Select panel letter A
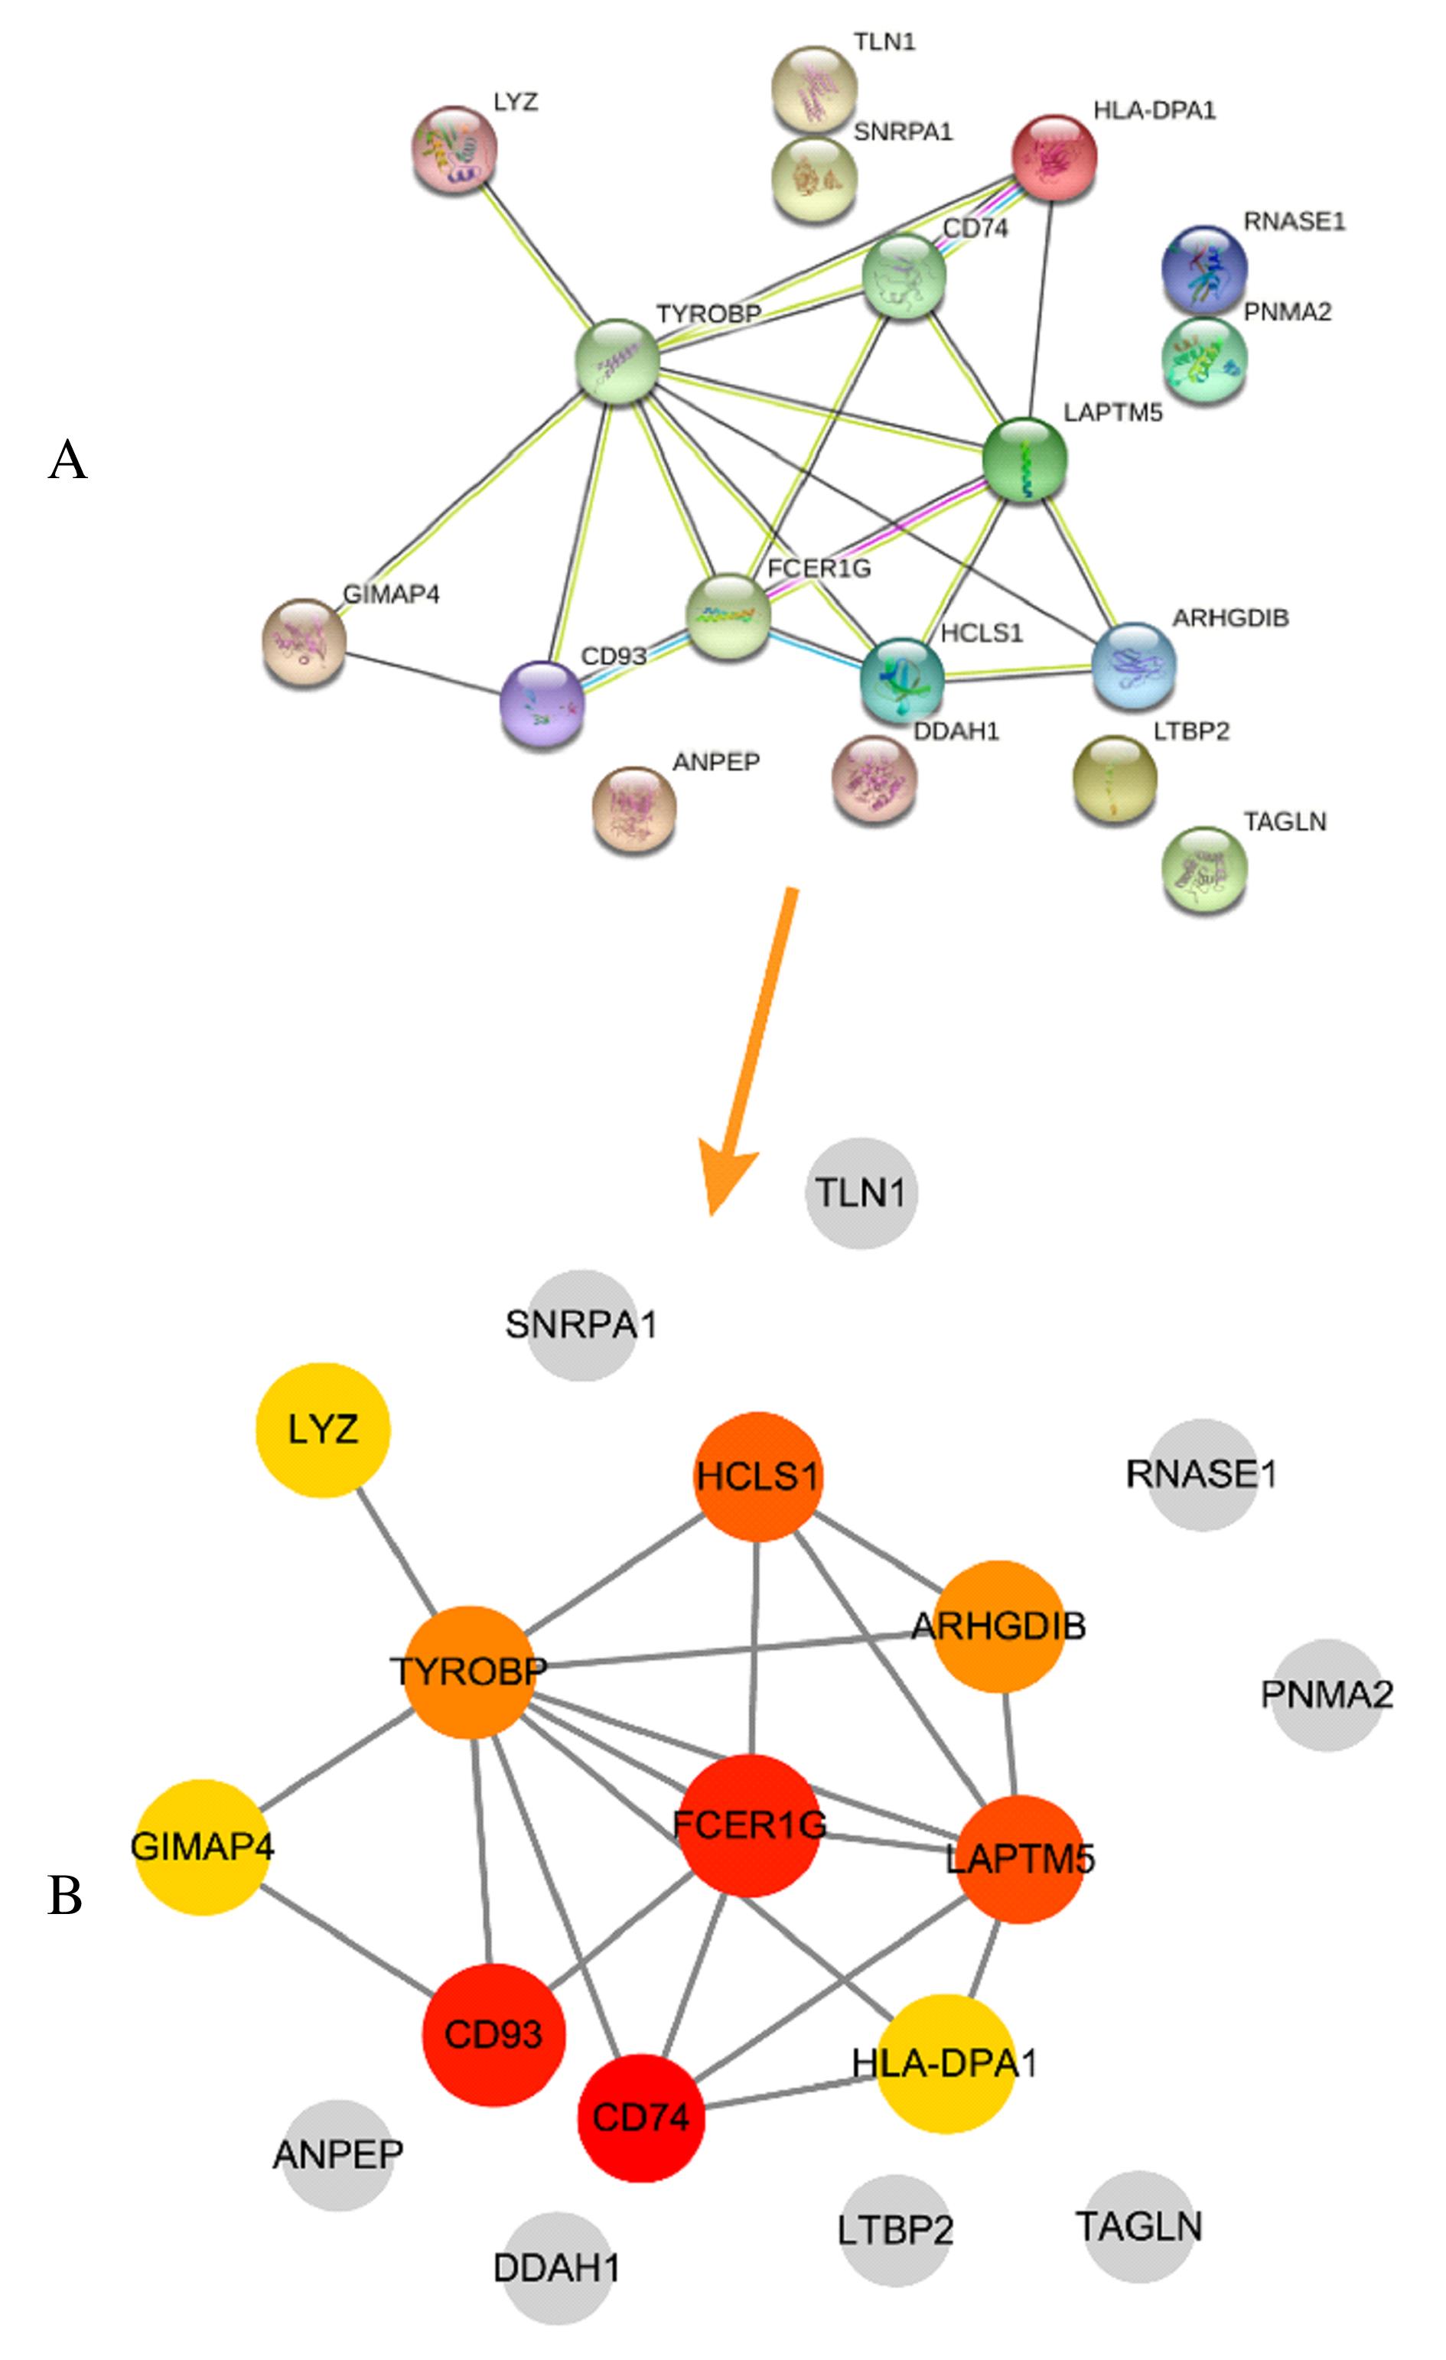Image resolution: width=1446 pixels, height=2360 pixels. (67, 461)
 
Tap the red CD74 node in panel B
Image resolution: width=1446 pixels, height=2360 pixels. (640, 2117)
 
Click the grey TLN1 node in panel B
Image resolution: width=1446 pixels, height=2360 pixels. (861, 1193)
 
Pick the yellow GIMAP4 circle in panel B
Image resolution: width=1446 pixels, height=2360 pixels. (202, 1847)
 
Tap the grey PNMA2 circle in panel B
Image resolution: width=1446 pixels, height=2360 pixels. (1327, 1694)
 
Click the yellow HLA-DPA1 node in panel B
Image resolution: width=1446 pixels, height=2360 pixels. (945, 2062)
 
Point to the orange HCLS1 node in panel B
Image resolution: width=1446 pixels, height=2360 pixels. (757, 1476)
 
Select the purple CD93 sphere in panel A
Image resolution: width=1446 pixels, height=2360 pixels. (542, 704)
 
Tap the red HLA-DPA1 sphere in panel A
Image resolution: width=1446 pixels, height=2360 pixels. (1054, 158)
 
